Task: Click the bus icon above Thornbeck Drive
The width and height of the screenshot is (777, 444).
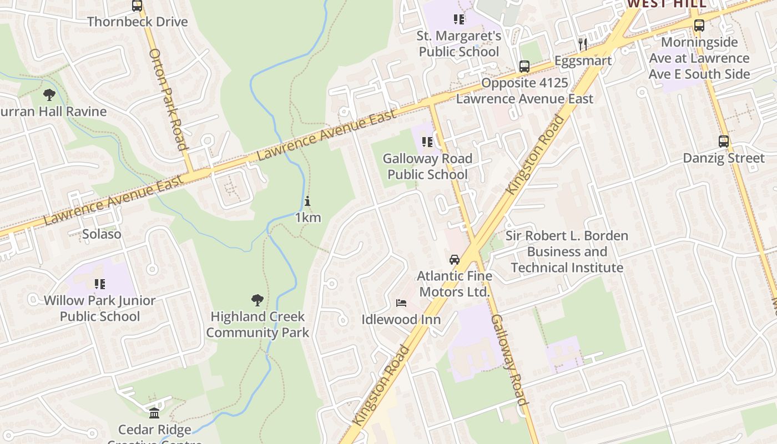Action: click(137, 6)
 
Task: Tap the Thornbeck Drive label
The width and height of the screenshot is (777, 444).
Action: click(138, 22)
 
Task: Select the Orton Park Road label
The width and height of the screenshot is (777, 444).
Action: click(168, 100)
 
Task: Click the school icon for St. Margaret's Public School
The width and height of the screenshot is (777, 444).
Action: click(459, 20)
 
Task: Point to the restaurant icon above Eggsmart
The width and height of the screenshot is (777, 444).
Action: click(582, 44)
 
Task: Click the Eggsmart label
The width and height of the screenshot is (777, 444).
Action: click(583, 60)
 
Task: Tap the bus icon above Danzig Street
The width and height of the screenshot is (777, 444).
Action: click(723, 142)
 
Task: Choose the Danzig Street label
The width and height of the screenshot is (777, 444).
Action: click(723, 158)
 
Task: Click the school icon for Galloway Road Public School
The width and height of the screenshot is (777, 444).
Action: click(427, 142)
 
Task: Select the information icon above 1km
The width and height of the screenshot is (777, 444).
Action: click(307, 201)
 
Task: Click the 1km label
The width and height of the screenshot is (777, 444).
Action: click(307, 218)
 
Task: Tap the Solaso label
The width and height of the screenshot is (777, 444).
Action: click(102, 234)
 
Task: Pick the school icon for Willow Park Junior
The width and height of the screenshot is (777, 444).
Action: click(100, 284)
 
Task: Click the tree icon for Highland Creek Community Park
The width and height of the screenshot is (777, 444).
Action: click(257, 300)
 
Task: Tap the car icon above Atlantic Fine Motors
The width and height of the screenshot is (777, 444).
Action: click(455, 259)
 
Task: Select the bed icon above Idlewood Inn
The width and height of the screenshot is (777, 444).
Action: click(401, 303)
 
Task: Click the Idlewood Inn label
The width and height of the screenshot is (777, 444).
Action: click(401, 320)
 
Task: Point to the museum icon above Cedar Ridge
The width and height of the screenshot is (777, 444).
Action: click(154, 413)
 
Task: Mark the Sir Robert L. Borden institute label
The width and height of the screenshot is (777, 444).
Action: click(567, 251)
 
